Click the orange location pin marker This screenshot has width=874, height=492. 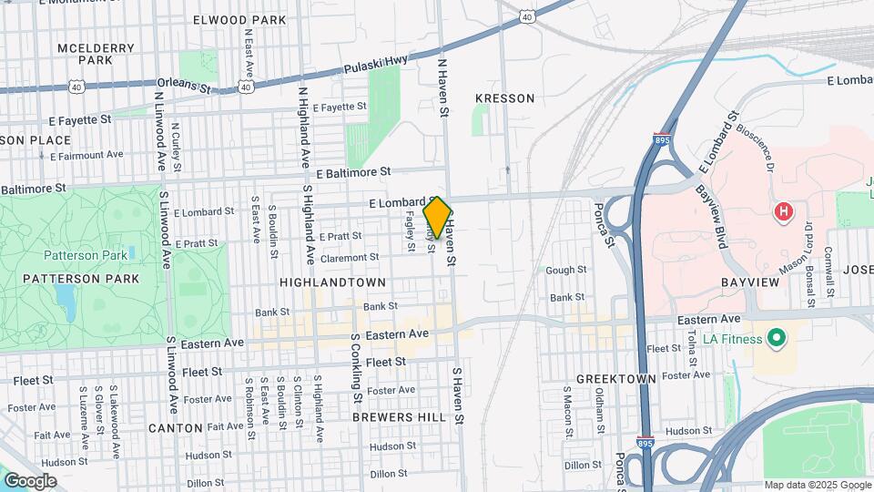[438, 218]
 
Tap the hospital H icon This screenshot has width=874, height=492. [782, 212]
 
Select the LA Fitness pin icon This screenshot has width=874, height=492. [777, 340]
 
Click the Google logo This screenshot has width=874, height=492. [30, 480]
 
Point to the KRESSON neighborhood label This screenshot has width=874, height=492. [505, 97]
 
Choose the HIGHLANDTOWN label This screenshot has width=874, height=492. [345, 283]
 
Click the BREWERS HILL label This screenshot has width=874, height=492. [400, 416]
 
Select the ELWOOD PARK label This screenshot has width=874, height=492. [239, 19]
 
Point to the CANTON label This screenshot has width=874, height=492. [175, 427]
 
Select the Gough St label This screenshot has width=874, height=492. [566, 270]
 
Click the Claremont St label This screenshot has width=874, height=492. [350, 258]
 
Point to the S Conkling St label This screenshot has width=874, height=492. [358, 366]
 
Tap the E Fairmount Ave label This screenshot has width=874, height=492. [86, 155]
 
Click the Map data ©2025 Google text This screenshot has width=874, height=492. [817, 485]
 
